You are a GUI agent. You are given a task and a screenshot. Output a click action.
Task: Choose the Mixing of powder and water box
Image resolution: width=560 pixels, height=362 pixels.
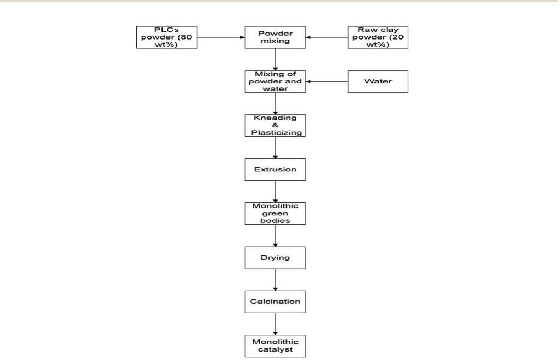[275, 81]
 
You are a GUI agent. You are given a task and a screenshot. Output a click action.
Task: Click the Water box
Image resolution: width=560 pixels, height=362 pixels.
[378, 81]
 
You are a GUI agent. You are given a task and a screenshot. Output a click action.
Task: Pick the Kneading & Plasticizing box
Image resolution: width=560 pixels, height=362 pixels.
[275, 126]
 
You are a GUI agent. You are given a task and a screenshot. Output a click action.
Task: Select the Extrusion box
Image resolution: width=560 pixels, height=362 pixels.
[275, 170]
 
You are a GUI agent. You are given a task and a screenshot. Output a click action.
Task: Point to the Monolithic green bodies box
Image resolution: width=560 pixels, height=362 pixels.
[275, 214]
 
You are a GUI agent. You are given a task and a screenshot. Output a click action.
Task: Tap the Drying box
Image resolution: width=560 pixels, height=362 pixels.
[275, 258]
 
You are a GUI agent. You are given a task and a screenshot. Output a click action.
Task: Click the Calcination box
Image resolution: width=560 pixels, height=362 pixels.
[275, 302]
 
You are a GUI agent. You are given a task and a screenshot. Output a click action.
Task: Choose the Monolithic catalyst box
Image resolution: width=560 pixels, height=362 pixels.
[275, 346]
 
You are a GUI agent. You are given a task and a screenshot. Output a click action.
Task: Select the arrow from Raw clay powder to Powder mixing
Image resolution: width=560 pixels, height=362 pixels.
[327, 38]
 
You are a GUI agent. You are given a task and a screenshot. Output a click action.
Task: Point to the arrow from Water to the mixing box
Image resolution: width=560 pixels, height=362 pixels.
[327, 82]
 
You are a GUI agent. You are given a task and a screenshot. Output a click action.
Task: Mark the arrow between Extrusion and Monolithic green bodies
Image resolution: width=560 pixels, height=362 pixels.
[275, 192]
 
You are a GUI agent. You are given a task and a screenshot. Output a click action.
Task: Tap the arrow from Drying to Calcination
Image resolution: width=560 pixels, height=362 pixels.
[275, 280]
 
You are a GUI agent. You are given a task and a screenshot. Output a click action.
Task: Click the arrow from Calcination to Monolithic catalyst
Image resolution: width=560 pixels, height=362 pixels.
[275, 324]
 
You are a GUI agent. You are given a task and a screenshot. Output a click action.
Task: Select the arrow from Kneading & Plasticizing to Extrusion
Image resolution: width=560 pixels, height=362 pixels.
[275, 148]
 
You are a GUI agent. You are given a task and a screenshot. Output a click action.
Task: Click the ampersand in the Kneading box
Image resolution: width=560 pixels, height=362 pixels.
[275, 126]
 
